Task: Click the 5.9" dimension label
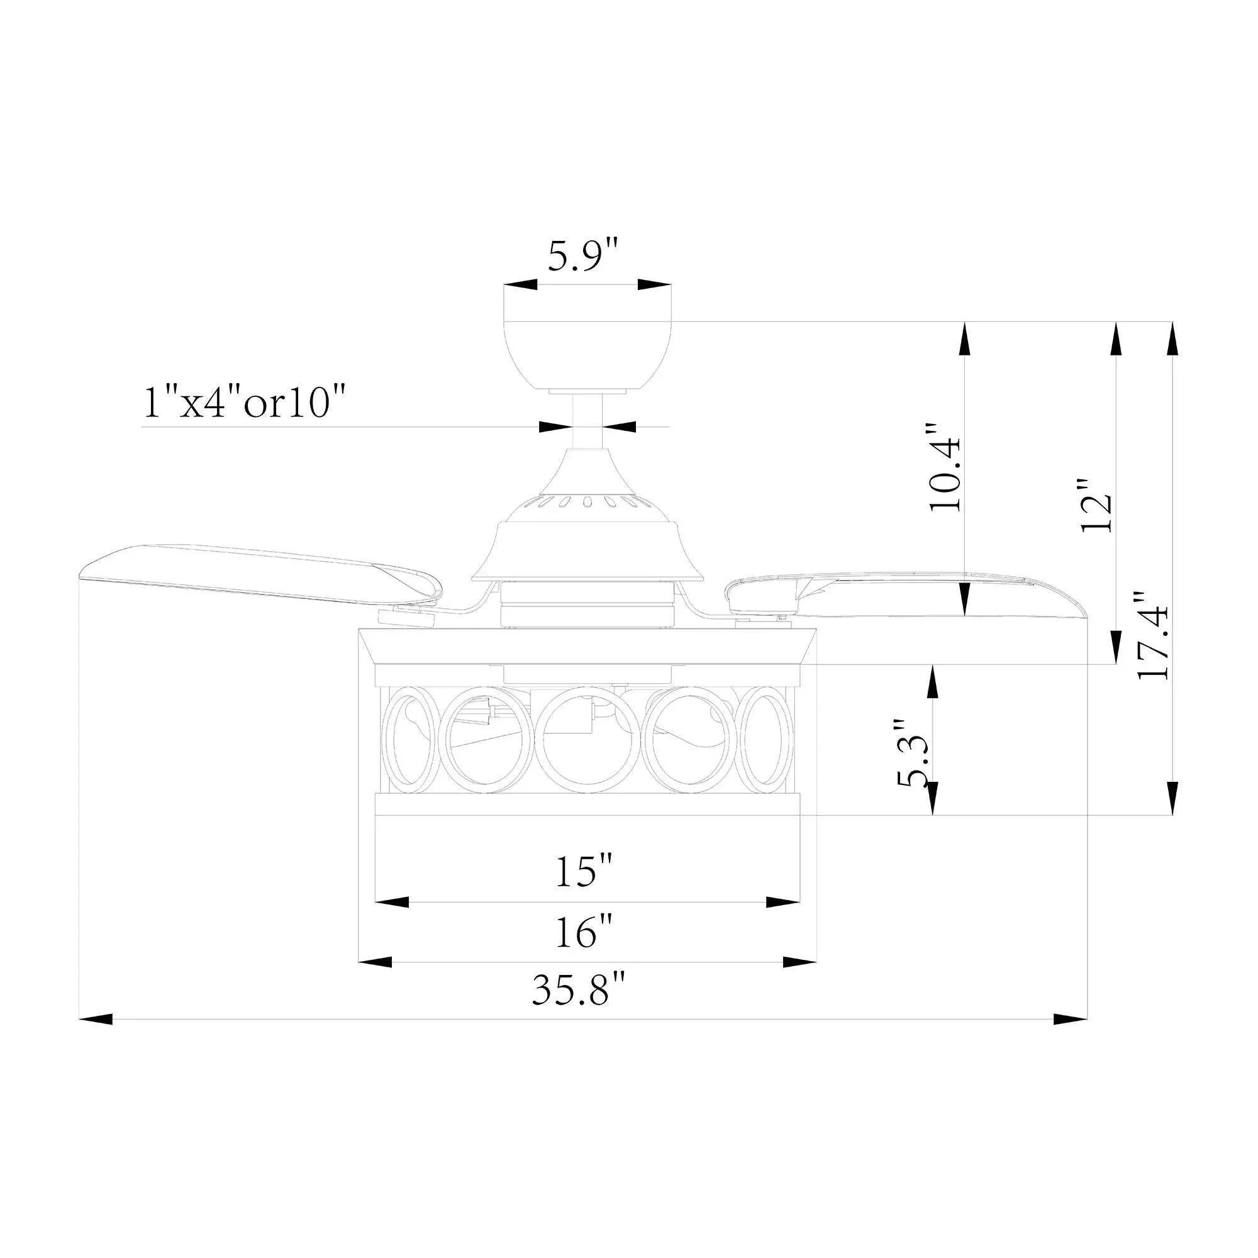pyautogui.click(x=581, y=257)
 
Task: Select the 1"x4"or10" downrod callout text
pyautogui.click(x=243, y=404)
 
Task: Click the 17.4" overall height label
pyautogui.click(x=1153, y=635)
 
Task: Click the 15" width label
pyautogui.click(x=584, y=872)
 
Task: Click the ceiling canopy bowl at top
pyautogui.click(x=587, y=355)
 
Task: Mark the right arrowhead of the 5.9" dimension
pyautogui.click(x=654, y=284)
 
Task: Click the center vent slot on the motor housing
pyautogui.click(x=587, y=501)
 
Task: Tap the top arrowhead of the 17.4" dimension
pyautogui.click(x=1172, y=338)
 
